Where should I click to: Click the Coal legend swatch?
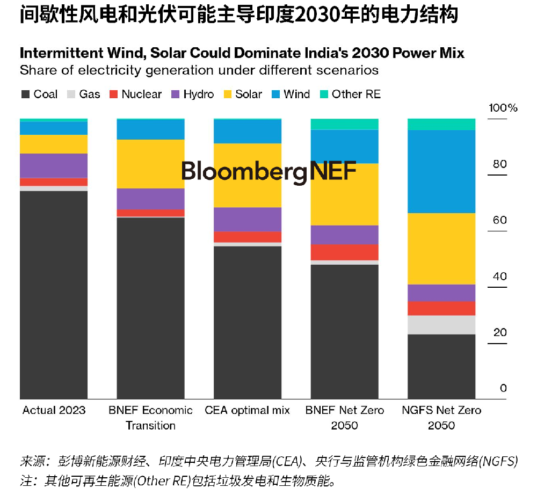click(25, 94)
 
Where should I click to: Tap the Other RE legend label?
click(356, 94)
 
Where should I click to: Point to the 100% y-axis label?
click(503, 108)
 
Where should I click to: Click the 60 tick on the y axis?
click(499, 220)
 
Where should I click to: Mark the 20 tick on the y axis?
click(499, 332)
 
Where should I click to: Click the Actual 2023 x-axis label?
click(54, 410)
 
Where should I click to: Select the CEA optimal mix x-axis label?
click(248, 410)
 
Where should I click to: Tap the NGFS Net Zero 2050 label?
click(441, 418)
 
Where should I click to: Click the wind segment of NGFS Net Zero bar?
click(441, 171)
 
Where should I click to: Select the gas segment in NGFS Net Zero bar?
click(441, 324)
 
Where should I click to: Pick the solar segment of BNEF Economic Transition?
click(150, 164)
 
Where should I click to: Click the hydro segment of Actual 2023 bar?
click(54, 165)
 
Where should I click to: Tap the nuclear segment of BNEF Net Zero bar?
click(345, 252)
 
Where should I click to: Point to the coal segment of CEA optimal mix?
click(248, 322)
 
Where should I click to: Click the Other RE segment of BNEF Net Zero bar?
click(345, 124)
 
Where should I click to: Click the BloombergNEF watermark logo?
click(268, 171)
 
